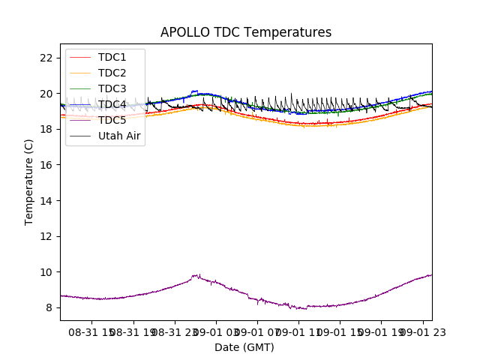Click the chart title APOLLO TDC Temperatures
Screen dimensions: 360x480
[246, 32]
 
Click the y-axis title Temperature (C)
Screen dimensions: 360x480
[29, 181]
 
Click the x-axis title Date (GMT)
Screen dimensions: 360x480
[244, 347]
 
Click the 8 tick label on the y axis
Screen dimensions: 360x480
[49, 307]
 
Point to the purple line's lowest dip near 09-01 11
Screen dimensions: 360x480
[298, 309]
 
